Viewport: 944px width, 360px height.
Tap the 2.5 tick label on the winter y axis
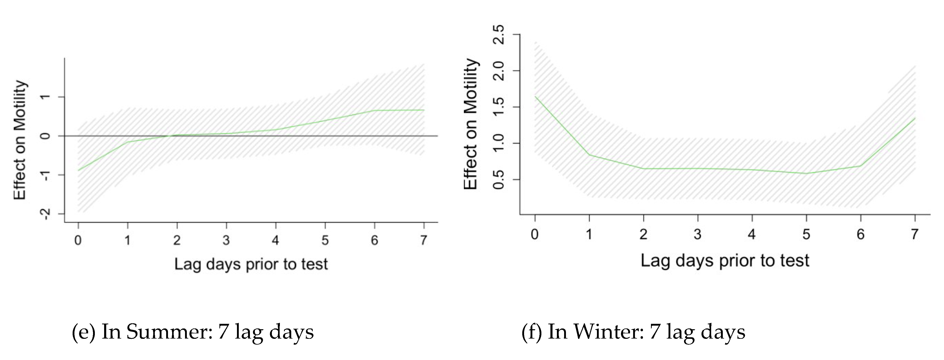[499, 34]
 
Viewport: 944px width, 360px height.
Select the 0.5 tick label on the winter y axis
[499, 180]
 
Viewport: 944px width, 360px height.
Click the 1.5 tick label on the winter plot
[499, 107]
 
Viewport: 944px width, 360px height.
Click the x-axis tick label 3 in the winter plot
[697, 234]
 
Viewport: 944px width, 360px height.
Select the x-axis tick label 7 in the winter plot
[915, 234]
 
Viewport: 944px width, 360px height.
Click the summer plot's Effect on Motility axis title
[20, 140]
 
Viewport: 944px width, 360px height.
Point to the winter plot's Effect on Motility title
[471, 124]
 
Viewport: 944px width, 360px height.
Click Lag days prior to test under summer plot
[251, 264]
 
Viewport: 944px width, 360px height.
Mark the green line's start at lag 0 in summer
[78, 170]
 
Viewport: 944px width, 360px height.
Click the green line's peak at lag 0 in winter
[535, 96]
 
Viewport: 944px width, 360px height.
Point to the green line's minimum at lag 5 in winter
[806, 173]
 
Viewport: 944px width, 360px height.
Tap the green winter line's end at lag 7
[915, 118]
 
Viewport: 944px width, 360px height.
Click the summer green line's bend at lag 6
[374, 110]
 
